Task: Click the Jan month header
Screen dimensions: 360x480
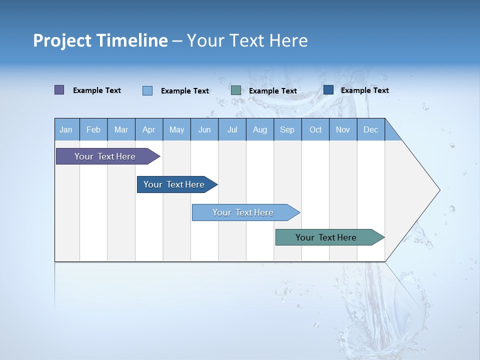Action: coord(66,129)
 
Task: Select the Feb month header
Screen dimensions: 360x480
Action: coord(93,129)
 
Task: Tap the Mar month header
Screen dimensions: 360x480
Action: coord(121,129)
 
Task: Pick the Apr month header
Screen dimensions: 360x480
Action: coord(149,129)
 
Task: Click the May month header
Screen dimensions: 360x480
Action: coord(176,129)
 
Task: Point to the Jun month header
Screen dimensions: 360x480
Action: coord(204,129)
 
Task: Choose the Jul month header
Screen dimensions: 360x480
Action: coord(232,129)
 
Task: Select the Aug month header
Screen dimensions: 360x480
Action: coord(260,129)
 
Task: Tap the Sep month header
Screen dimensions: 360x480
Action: coord(287,129)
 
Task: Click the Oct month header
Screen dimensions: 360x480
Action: coord(315,129)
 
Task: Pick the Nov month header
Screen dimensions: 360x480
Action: coord(343,129)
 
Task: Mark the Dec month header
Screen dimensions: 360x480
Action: coord(371,129)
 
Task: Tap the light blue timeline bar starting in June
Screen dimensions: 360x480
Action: coord(243,212)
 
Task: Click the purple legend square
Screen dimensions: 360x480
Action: coord(59,90)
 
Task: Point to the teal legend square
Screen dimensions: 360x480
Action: coord(236,90)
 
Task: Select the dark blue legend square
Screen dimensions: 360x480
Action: coord(328,90)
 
